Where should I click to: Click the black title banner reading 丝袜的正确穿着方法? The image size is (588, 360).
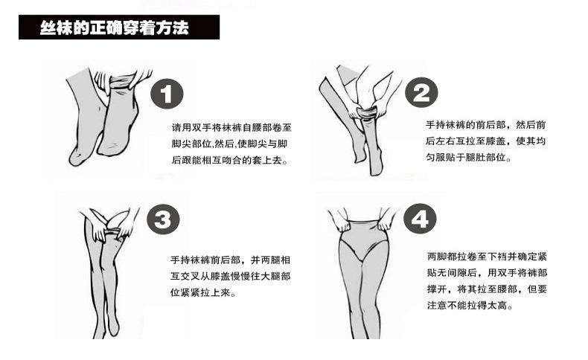click(x=119, y=28)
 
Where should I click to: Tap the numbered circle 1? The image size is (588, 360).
click(x=167, y=94)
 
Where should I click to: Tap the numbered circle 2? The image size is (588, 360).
click(x=421, y=93)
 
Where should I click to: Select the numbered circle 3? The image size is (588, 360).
click(x=163, y=219)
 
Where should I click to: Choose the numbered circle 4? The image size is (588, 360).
click(x=420, y=219)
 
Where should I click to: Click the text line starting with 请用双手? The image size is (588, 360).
click(x=231, y=127)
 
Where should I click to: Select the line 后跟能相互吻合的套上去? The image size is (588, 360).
click(x=230, y=161)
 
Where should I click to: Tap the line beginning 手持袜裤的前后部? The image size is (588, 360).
click(x=485, y=125)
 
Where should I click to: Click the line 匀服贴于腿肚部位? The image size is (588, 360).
click(x=469, y=158)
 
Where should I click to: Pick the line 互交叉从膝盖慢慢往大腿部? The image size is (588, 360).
click(x=231, y=277)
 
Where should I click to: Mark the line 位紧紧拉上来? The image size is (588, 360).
click(x=204, y=292)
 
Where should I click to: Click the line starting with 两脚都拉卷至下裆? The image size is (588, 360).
click(x=487, y=257)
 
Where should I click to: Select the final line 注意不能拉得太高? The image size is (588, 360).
click(x=470, y=305)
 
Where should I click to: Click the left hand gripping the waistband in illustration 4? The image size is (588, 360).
click(x=342, y=222)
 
